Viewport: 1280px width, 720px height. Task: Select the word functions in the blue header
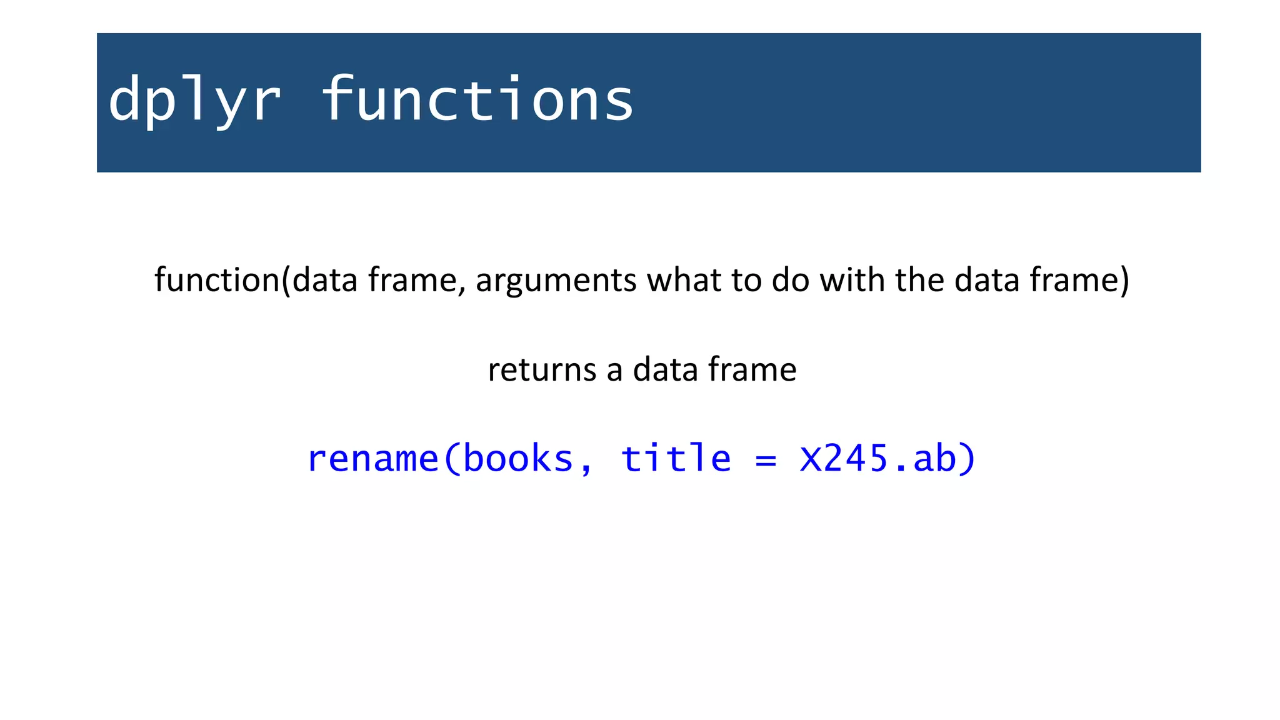point(478,100)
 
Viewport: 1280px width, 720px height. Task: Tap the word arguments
point(556,280)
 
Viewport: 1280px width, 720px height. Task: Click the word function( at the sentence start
point(222,280)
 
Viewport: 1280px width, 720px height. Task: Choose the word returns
point(542,369)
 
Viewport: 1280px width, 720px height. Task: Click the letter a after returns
point(614,371)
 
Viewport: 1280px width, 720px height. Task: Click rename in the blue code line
point(373,459)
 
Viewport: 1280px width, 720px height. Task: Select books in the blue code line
point(518,459)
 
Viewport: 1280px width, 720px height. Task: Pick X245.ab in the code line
point(877,459)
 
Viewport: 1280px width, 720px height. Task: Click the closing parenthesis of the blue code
point(967,459)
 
